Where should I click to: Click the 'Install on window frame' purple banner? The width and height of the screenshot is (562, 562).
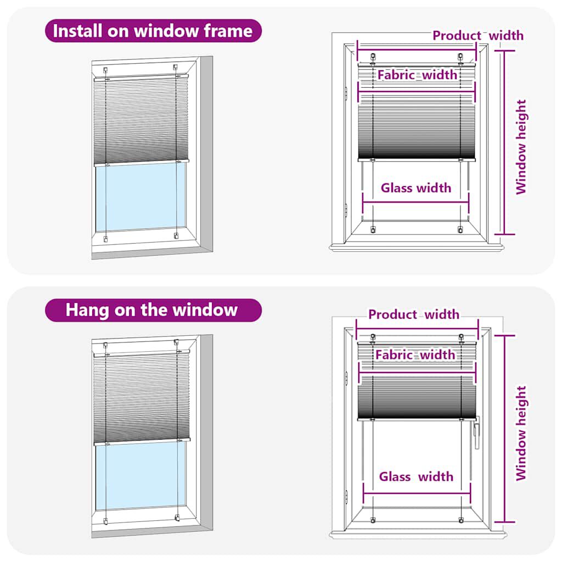pyautogui.click(x=153, y=31)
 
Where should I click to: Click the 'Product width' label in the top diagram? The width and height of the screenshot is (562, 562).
pyautogui.click(x=477, y=36)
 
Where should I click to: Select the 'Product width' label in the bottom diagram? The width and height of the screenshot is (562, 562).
pyautogui.click(x=414, y=314)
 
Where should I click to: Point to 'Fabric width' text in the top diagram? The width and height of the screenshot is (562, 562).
pyautogui.click(x=417, y=75)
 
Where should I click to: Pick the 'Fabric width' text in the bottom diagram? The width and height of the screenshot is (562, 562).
pyautogui.click(x=415, y=355)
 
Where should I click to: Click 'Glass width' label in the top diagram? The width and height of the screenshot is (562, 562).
pyautogui.click(x=416, y=188)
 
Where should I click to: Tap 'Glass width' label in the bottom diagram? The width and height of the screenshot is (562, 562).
pyautogui.click(x=416, y=476)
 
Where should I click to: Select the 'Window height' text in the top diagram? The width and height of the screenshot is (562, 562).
pyautogui.click(x=521, y=147)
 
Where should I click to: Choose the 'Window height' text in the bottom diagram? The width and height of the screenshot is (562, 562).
pyautogui.click(x=521, y=433)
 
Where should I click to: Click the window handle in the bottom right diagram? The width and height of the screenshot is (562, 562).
pyautogui.click(x=476, y=432)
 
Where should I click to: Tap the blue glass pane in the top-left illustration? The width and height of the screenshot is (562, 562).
pyautogui.click(x=141, y=198)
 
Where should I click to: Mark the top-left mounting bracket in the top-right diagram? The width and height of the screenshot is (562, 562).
pyautogui.click(x=373, y=57)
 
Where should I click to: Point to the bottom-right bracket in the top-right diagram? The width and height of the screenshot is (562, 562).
pyautogui.click(x=460, y=229)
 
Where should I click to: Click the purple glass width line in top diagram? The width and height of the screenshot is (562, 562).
pyautogui.click(x=416, y=201)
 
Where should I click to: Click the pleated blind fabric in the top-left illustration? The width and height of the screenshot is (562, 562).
pyautogui.click(x=141, y=121)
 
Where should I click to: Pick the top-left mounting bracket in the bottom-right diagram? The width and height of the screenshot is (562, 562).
pyautogui.click(x=373, y=336)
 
